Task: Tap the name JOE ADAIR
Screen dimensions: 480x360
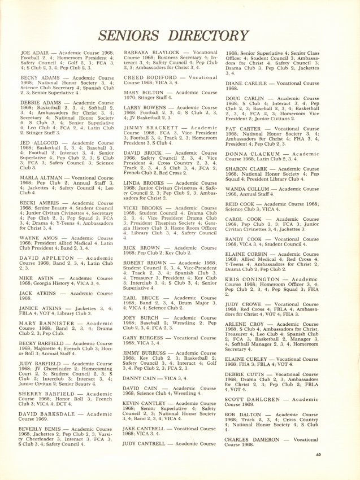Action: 34,52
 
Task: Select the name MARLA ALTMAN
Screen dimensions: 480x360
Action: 43,178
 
